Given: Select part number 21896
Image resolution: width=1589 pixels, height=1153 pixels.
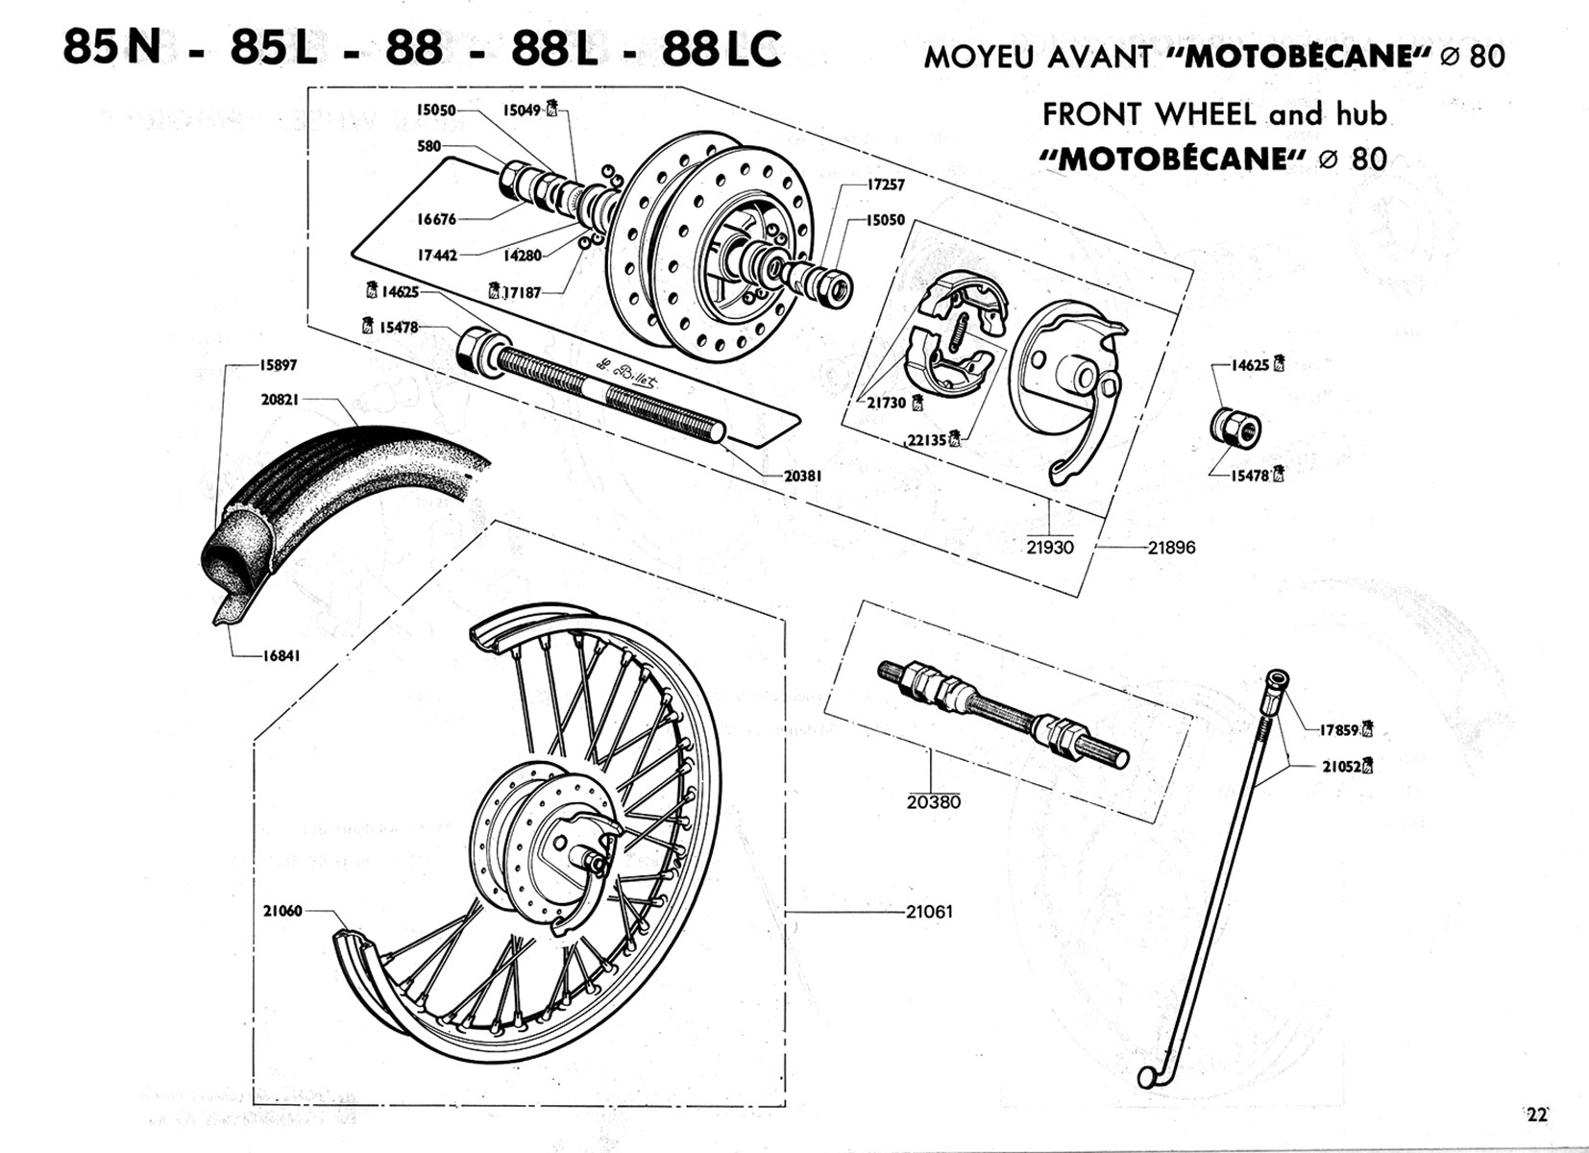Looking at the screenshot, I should (1171, 548).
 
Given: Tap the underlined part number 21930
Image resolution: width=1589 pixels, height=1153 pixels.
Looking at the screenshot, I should (1049, 547).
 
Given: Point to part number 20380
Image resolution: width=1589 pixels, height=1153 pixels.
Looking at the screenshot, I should (933, 801).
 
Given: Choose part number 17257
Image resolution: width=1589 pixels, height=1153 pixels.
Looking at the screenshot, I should (885, 184).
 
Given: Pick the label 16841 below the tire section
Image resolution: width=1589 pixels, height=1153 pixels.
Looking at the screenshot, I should (281, 656).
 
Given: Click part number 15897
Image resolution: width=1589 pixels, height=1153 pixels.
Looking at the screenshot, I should (278, 365).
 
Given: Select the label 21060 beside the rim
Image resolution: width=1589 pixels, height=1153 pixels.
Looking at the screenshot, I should (282, 910).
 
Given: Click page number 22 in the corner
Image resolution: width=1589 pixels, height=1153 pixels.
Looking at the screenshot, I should (1537, 1115).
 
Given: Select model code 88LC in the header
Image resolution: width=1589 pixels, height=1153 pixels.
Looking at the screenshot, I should (721, 50).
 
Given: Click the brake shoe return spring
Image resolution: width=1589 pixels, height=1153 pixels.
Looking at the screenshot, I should (958, 335).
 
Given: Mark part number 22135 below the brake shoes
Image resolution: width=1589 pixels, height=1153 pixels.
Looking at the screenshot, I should (928, 439).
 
